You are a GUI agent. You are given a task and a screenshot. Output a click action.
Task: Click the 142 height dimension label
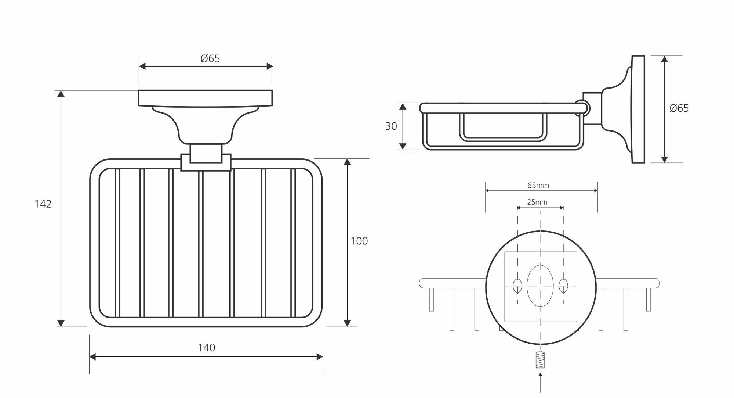click(x=43, y=204)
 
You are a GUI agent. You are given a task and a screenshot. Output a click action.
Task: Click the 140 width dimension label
click(x=207, y=348)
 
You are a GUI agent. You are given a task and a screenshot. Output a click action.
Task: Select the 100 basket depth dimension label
click(x=359, y=241)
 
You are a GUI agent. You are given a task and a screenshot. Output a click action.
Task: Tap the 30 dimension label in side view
click(x=391, y=126)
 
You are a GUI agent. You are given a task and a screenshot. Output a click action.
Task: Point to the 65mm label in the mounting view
click(x=538, y=186)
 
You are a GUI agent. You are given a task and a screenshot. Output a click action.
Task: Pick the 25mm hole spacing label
click(x=537, y=202)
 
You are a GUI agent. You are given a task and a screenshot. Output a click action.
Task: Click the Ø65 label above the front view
click(x=210, y=59)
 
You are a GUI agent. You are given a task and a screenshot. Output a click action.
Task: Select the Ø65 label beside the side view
click(x=679, y=108)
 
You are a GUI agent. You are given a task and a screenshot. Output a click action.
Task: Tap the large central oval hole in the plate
click(x=540, y=285)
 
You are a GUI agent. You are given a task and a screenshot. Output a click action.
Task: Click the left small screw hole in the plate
click(x=517, y=286)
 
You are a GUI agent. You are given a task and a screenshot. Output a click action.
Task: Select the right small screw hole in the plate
click(x=563, y=286)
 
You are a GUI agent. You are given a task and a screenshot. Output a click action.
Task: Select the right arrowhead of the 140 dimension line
click(x=319, y=357)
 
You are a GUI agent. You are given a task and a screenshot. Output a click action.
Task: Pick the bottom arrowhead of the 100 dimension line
click(x=347, y=323)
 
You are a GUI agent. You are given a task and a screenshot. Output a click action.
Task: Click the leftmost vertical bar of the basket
click(x=117, y=243)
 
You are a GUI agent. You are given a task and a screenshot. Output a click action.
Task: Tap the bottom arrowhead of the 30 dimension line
click(x=403, y=146)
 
